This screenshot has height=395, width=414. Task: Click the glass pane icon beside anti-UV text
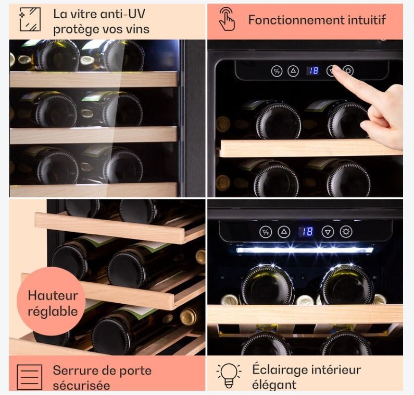[30, 19]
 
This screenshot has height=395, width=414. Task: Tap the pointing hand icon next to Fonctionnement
[227, 19]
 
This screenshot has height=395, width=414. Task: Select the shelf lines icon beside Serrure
[29, 377]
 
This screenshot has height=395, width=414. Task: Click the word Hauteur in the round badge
[53, 295]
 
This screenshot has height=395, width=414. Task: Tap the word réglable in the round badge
[53, 312]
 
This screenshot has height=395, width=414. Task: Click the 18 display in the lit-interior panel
[306, 232]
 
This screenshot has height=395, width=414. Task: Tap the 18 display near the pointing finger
[313, 71]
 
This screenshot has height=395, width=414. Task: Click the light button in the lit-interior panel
[346, 232]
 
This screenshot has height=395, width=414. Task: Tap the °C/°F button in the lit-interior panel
[266, 232]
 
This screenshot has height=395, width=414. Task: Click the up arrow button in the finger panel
[293, 71]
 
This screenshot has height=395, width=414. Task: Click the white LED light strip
[305, 250]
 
